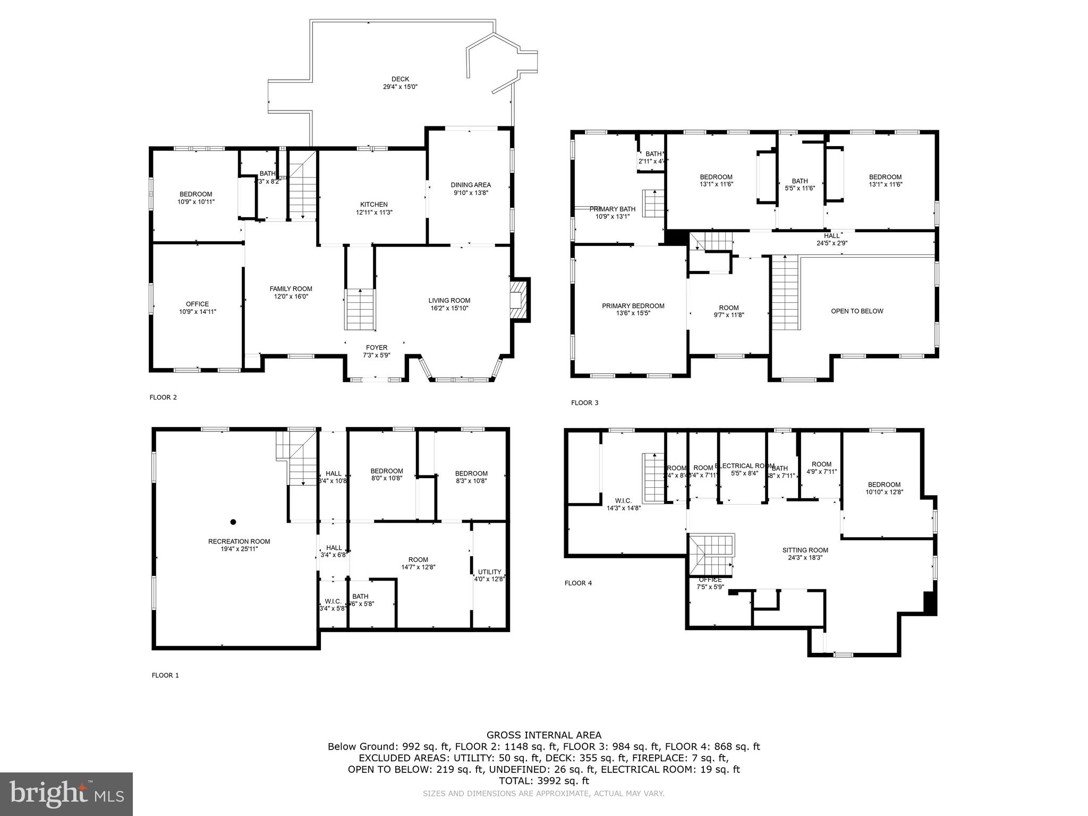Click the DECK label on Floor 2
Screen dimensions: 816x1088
tap(400, 79)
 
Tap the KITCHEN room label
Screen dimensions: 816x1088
tap(374, 205)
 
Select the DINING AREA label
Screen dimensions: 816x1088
tap(471, 185)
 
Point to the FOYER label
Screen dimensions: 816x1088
tap(376, 347)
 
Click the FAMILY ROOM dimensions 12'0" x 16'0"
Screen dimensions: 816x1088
tap(291, 296)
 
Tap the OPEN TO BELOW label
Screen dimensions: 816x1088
tap(857, 311)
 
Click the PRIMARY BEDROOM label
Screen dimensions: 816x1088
tap(633, 305)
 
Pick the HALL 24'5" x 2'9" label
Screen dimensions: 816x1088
tap(832, 239)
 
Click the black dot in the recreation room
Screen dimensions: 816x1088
tap(233, 522)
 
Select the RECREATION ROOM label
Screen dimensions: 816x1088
tap(239, 541)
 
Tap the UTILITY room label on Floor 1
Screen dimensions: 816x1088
tap(489, 572)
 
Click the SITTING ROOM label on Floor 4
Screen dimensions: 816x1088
tap(805, 550)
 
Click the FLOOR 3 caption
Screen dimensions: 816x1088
tap(584, 403)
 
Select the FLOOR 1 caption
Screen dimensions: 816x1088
tap(165, 675)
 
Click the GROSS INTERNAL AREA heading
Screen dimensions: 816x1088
tap(544, 735)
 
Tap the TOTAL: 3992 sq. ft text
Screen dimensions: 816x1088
tap(544, 780)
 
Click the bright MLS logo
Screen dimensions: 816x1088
tap(66, 794)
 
